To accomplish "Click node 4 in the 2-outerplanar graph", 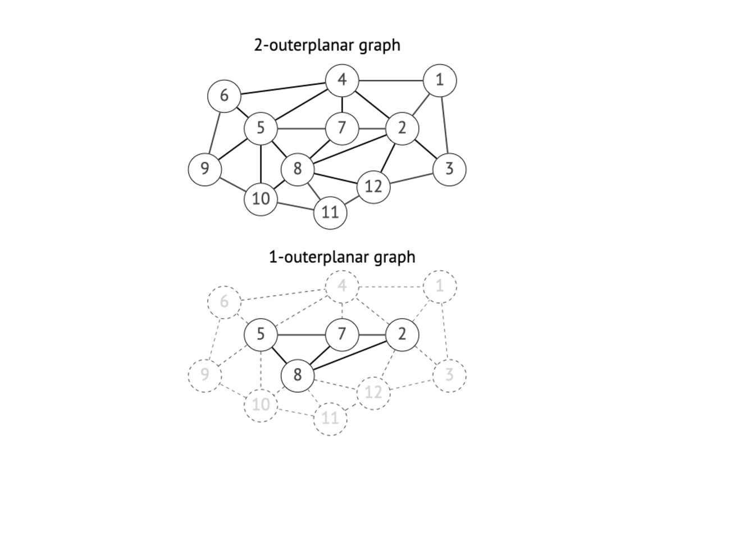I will [342, 80].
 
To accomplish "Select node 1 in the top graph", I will [440, 80].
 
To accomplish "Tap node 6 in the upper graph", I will [224, 96].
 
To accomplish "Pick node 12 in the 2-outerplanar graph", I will [373, 187].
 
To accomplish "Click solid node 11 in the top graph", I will [330, 212].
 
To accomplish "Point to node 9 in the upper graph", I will [204, 169].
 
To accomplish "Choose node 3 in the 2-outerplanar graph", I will [449, 169].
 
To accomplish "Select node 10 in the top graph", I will [261, 199].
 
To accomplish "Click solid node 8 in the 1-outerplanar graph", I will [297, 374].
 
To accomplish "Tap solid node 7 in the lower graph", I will [342, 334].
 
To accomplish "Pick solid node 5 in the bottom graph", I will [261, 334].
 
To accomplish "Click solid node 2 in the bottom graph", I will [402, 334].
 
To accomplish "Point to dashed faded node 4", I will [342, 287].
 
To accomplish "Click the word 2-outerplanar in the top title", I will [303, 46].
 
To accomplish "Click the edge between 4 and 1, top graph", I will [391, 81].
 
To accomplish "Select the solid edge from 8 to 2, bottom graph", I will [349, 355].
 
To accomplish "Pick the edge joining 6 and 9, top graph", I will [215, 132].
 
